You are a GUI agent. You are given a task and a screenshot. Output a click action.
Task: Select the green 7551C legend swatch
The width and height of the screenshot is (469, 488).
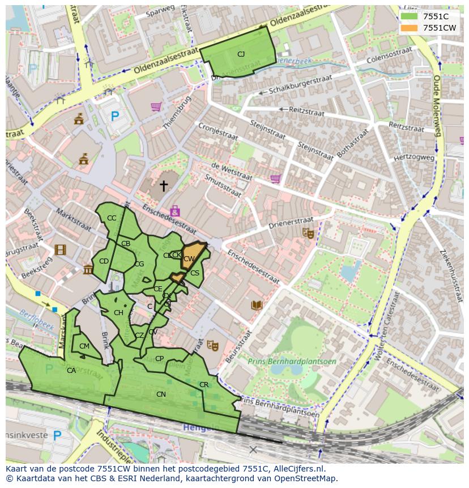408,16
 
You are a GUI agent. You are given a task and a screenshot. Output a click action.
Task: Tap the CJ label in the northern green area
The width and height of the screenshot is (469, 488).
241,54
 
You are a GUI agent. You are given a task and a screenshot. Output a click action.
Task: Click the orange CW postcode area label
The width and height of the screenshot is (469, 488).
189,259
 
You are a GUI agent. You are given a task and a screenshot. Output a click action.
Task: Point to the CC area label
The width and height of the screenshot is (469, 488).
112,218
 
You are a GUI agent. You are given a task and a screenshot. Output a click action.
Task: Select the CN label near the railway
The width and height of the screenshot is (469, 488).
161,394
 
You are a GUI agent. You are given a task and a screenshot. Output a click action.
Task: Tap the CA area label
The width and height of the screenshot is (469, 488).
71,371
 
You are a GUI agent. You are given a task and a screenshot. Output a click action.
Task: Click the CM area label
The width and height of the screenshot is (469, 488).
84,346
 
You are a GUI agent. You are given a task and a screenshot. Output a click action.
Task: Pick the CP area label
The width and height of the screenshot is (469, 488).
159,359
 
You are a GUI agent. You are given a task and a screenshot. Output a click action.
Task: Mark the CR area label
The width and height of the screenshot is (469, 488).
204,385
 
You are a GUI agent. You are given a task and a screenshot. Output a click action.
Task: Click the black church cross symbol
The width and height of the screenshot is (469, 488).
164,185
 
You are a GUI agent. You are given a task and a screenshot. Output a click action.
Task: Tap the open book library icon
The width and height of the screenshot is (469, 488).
257,305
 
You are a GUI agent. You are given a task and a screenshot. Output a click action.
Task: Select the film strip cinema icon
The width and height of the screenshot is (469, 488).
61,249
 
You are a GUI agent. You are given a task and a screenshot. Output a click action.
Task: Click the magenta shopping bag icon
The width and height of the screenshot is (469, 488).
175,211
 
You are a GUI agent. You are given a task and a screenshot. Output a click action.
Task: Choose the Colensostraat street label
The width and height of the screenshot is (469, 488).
389,55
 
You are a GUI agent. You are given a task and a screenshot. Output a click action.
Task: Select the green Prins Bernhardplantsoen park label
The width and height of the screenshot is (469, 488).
292,362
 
